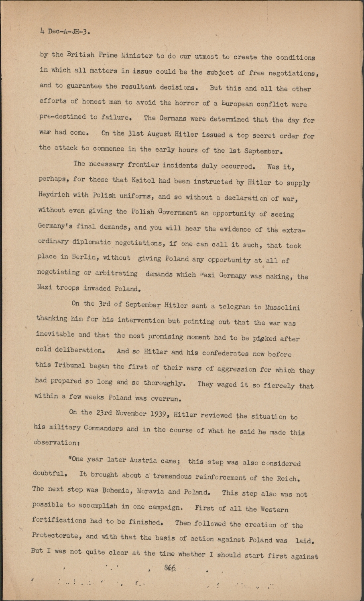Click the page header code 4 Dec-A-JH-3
pyautogui.click(x=64, y=32)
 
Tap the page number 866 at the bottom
pyautogui.click(x=170, y=568)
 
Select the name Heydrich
pyautogui.click(x=54, y=195)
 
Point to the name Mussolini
pyautogui.click(x=282, y=307)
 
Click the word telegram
pyautogui.click(x=234, y=307)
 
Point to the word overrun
pyautogui.click(x=160, y=399)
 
